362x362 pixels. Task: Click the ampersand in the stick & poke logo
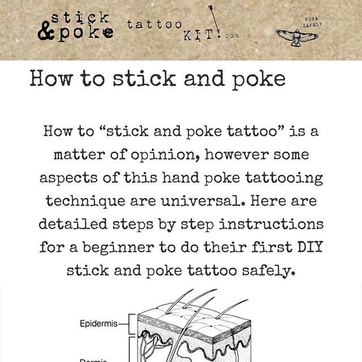pyautogui.click(x=45, y=31)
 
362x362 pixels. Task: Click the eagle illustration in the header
pyautogui.click(x=297, y=37)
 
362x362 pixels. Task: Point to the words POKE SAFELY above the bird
pyautogui.click(x=312, y=22)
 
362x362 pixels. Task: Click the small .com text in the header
pyautogui.click(x=231, y=36)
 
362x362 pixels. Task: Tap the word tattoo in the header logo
pyautogui.click(x=154, y=24)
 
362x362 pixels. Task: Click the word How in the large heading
pyautogui.click(x=50, y=79)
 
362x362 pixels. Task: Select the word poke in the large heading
pyautogui.click(x=258, y=79)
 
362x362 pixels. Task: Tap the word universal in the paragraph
pyautogui.click(x=204, y=201)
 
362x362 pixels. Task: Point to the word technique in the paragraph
pyautogui.click(x=85, y=201)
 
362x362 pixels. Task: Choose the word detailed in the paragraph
pyautogui.click(x=73, y=224)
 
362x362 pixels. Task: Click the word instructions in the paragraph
pyautogui.click(x=271, y=224)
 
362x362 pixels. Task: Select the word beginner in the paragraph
pyautogui.click(x=118, y=248)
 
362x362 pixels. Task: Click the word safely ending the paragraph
pyautogui.click(x=269, y=271)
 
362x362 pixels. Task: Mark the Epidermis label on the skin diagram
pyautogui.click(x=98, y=324)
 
